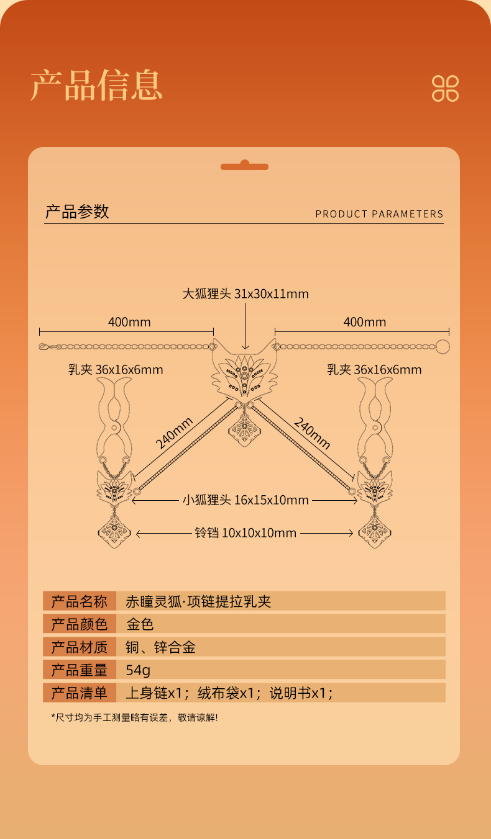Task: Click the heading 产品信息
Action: pos(96,85)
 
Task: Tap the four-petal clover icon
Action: pos(445,88)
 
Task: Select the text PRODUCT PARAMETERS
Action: pos(379,214)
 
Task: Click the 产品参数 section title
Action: pos(77,212)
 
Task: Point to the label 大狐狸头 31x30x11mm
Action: pos(245,294)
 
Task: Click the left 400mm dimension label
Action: pos(129,321)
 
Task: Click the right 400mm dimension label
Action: pos(365,321)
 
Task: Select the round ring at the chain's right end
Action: pos(442,346)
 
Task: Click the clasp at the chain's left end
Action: pos(43,346)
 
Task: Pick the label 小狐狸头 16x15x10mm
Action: pos(245,500)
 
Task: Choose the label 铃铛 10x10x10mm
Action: pos(245,532)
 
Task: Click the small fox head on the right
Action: pos(375,487)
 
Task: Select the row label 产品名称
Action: pos(79,601)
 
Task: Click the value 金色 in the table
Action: pos(139,624)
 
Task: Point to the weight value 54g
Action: pos(138,670)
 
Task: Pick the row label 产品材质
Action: pos(79,647)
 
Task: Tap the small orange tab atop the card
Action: pos(245,166)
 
